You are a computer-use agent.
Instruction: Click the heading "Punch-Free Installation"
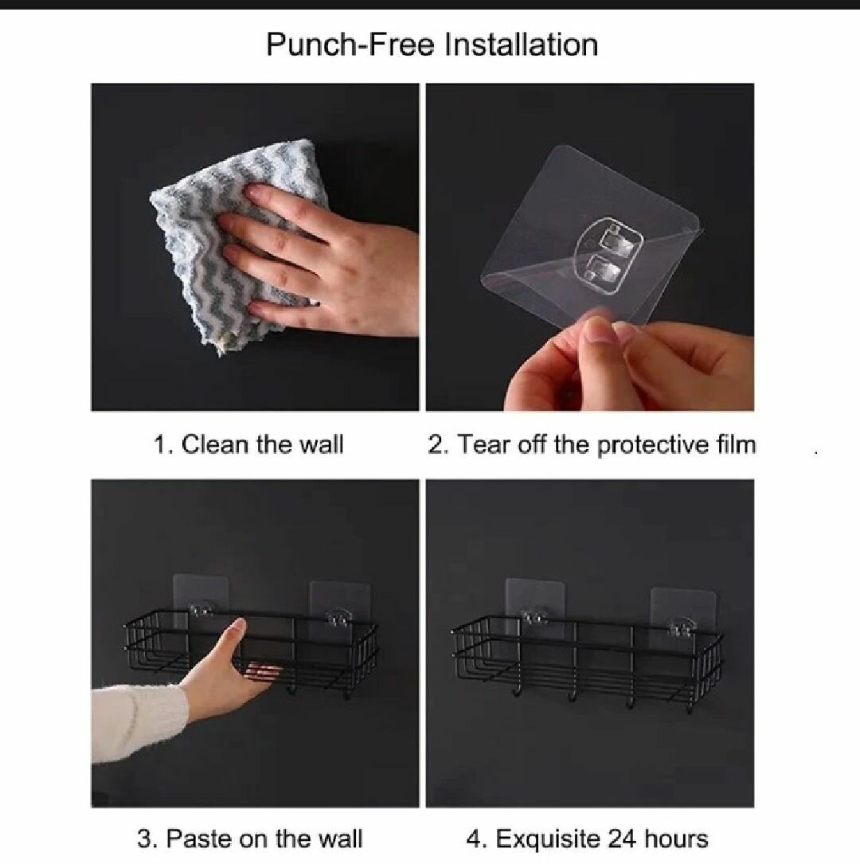[x=432, y=45]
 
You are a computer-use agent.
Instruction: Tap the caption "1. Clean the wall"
[x=248, y=444]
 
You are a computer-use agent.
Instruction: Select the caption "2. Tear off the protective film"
[x=592, y=444]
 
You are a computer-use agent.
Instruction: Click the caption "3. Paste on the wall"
[x=249, y=839]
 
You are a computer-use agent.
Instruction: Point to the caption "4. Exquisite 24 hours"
[x=587, y=839]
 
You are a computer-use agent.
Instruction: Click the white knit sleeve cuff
[x=139, y=713]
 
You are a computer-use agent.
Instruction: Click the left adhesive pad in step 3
[x=201, y=597]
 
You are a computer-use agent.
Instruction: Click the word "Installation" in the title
[x=521, y=45]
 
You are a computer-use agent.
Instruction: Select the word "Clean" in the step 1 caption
[x=215, y=444]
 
